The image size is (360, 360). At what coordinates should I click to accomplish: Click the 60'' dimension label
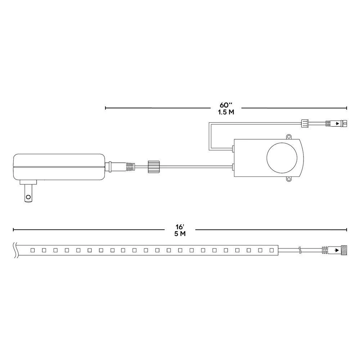[226, 105]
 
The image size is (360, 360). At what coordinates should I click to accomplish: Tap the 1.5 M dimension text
[226, 112]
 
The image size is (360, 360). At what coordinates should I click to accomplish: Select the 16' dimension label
[180, 227]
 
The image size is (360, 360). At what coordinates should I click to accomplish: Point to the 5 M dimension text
[180, 234]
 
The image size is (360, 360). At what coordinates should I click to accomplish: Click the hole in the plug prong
[28, 197]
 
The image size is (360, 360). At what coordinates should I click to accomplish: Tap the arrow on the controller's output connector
[337, 124]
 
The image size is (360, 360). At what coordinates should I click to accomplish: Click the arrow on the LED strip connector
[337, 249]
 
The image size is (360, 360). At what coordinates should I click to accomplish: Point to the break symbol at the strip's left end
[15, 249]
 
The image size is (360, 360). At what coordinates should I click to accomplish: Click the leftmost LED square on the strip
[32, 249]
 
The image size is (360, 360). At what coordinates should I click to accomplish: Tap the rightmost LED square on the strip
[271, 249]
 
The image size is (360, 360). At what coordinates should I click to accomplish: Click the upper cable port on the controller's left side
[233, 148]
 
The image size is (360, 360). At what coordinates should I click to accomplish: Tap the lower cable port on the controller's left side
[233, 166]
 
